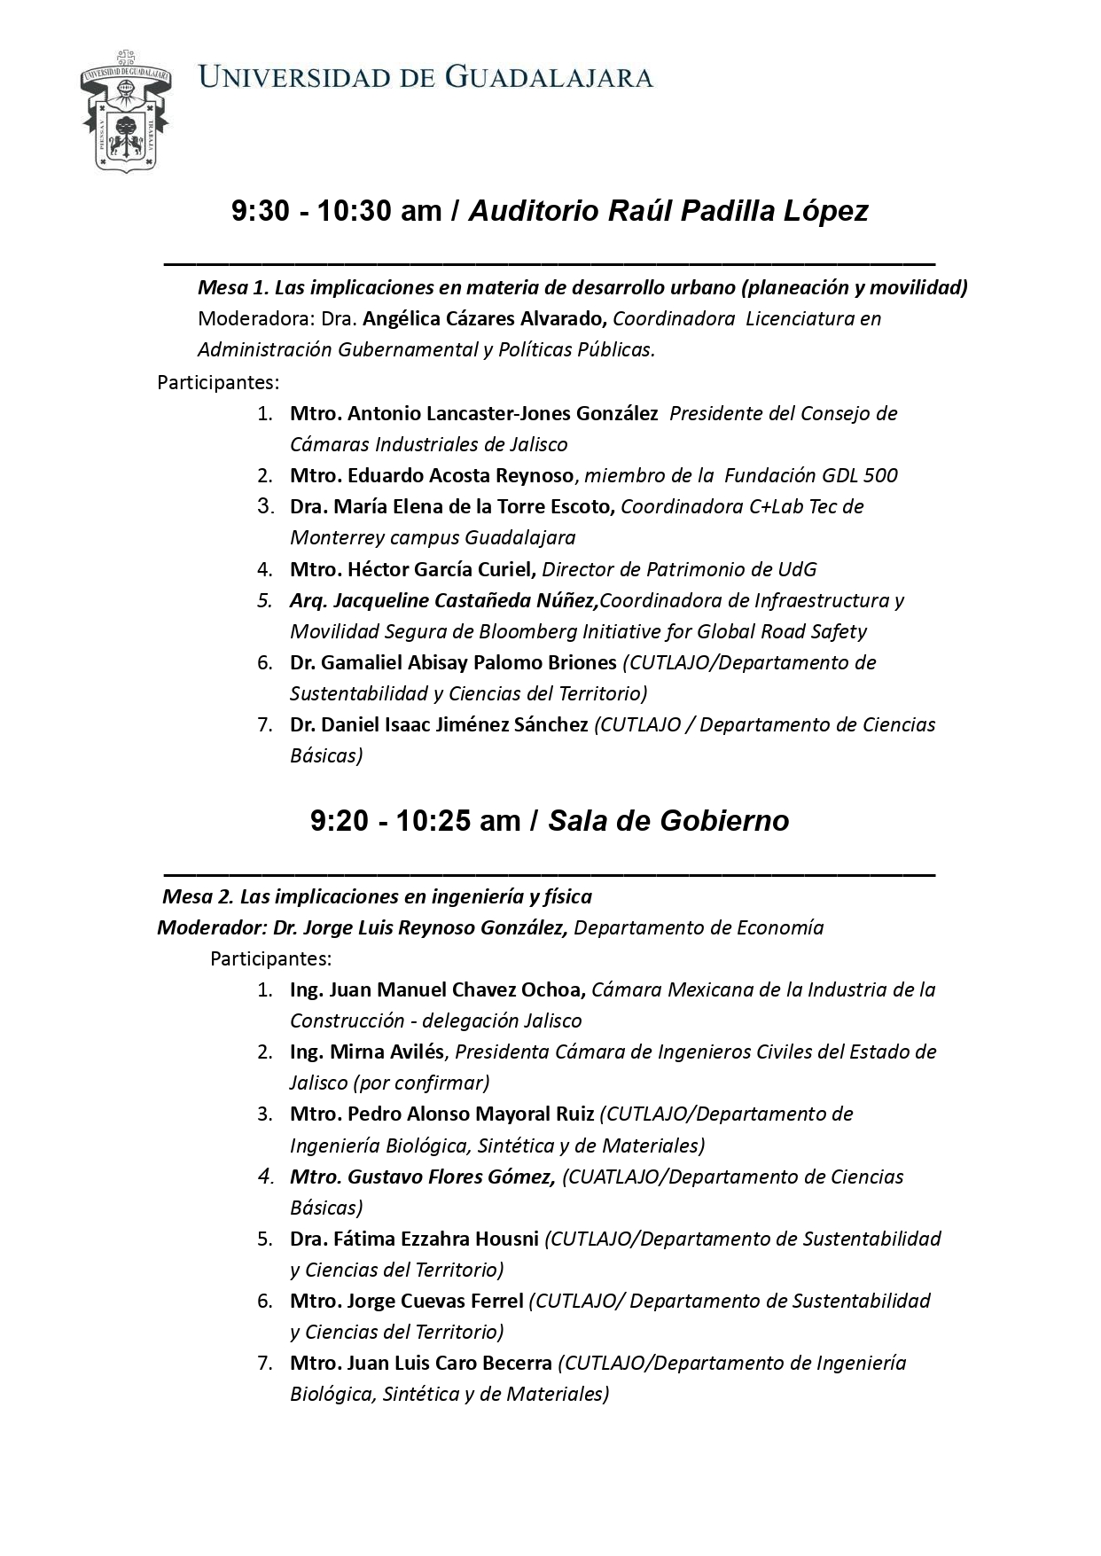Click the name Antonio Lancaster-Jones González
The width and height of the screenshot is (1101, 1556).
click(x=503, y=413)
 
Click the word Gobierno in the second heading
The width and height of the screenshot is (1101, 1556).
click(x=732, y=821)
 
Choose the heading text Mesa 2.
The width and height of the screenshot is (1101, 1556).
click(x=197, y=896)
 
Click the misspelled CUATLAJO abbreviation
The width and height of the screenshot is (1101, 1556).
click(x=610, y=1177)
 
